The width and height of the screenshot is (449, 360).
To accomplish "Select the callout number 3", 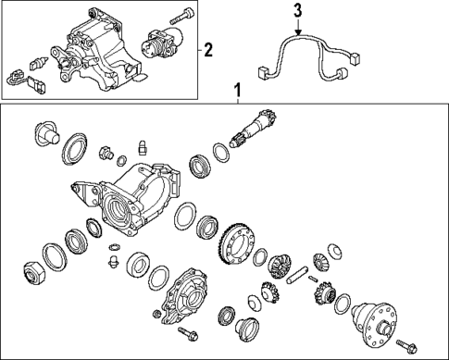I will point(297,11).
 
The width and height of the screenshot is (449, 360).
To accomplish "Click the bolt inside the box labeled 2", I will point(181,16).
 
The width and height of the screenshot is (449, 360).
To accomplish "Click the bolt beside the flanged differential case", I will point(407,346).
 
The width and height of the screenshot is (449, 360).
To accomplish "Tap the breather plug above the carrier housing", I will point(143,145).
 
